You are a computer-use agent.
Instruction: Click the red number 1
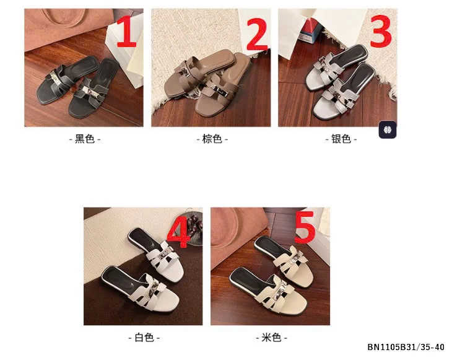(126, 31)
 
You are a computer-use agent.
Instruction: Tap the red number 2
(257, 34)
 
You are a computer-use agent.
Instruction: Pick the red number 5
(305, 227)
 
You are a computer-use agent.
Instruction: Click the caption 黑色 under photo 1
(85, 139)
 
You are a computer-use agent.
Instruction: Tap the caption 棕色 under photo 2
(212, 139)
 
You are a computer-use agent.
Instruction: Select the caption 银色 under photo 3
(341, 139)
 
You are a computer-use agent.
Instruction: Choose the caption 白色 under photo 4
(144, 338)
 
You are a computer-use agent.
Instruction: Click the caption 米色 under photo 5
(271, 338)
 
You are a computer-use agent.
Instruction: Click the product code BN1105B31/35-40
(406, 347)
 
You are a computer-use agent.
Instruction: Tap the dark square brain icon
(388, 130)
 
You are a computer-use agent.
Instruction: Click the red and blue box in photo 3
(310, 30)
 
